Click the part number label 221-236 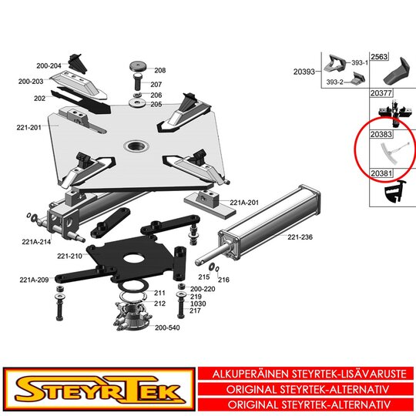tap(300, 237)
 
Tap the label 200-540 tap(167, 327)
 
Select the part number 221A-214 tap(36, 242)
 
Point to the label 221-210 tap(69, 256)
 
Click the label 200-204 tap(49, 65)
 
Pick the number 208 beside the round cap tap(160, 70)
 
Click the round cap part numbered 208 tap(139, 66)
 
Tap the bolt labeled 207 tap(138, 82)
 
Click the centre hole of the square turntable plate tap(136, 146)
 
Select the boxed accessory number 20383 tap(381, 134)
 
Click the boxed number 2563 tap(379, 56)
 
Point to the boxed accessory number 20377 tap(381, 93)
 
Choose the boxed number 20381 tap(381, 173)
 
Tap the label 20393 tap(304, 72)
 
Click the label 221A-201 tap(244, 203)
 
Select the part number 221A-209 tap(34, 280)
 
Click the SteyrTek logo tap(99, 390)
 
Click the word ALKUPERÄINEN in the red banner tap(250, 374)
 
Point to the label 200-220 tap(203, 289)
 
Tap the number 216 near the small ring tap(223, 280)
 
